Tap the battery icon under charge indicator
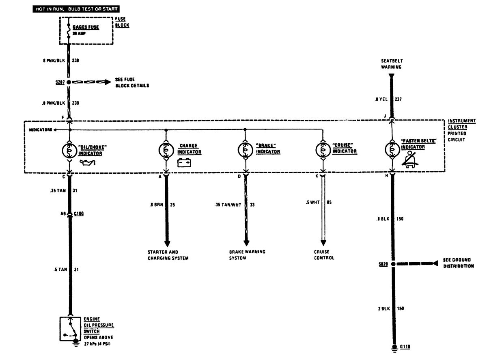185,163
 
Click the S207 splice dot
69,82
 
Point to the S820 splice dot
392,264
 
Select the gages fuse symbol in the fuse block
69,31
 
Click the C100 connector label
79,213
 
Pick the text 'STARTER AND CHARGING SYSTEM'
168,255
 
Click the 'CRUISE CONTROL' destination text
324,255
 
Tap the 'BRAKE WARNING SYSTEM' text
247,255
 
